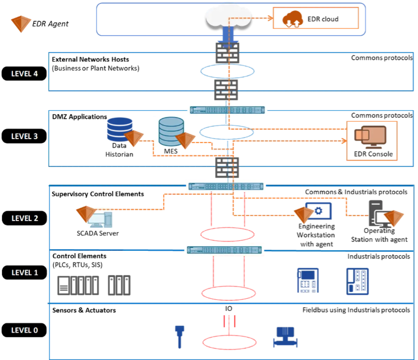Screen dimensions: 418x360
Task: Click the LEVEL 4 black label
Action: [24, 74]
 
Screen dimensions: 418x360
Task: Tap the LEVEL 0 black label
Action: [24, 330]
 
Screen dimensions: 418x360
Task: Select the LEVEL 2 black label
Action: [24, 218]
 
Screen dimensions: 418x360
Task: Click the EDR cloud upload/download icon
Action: [292, 19]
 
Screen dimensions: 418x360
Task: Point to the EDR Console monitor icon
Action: [370, 137]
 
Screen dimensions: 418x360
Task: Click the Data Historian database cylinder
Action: [120, 129]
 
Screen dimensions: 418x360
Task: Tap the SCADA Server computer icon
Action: [100, 220]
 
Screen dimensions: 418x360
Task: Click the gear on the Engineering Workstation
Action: [318, 210]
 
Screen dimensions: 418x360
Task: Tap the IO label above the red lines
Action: [229, 309]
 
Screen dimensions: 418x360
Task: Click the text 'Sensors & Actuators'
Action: [84, 310]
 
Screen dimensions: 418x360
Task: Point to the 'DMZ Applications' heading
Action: [79, 117]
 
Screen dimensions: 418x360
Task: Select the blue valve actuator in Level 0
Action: [285, 337]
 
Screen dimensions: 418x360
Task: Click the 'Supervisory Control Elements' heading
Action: [98, 194]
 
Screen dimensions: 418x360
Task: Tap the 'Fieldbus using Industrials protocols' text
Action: [356, 310]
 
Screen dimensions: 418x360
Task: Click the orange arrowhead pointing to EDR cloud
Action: [271, 18]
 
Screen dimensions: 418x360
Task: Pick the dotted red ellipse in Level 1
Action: [229, 286]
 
